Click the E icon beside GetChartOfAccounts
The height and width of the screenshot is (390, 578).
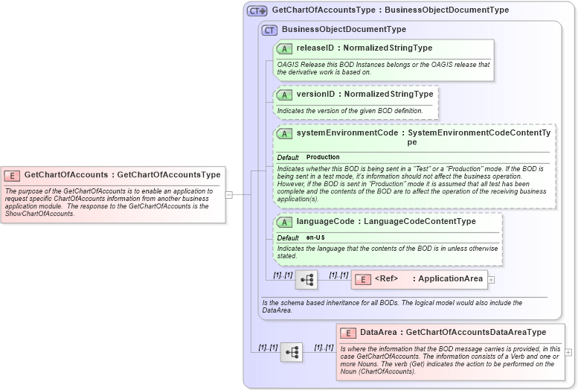coord(12,175)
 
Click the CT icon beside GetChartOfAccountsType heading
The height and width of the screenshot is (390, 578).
coord(257,10)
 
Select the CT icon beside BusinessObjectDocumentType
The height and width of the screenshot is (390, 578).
coord(269,30)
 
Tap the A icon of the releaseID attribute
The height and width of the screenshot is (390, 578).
coord(284,48)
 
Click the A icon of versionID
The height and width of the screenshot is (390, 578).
coord(284,95)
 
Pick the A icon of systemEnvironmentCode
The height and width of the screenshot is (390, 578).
coord(284,133)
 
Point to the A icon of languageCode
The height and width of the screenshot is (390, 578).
coord(284,222)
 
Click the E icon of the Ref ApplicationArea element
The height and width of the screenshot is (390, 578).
coord(362,279)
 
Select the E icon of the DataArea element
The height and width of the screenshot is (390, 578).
coord(347,333)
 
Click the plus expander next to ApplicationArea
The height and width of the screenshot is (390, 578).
coord(491,280)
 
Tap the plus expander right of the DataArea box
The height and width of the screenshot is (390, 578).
coord(568,352)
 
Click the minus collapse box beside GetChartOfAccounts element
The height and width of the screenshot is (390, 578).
coord(229,195)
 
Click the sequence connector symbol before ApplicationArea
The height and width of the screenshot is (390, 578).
coord(306,280)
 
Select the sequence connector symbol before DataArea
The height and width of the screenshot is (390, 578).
coord(291,352)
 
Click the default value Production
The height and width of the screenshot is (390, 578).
coord(323,157)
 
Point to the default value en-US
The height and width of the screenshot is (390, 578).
coord(315,237)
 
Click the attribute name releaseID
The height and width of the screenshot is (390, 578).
coord(315,48)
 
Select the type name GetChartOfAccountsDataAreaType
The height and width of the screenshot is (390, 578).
coord(476,333)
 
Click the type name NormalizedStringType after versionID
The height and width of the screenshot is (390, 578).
coord(388,95)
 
